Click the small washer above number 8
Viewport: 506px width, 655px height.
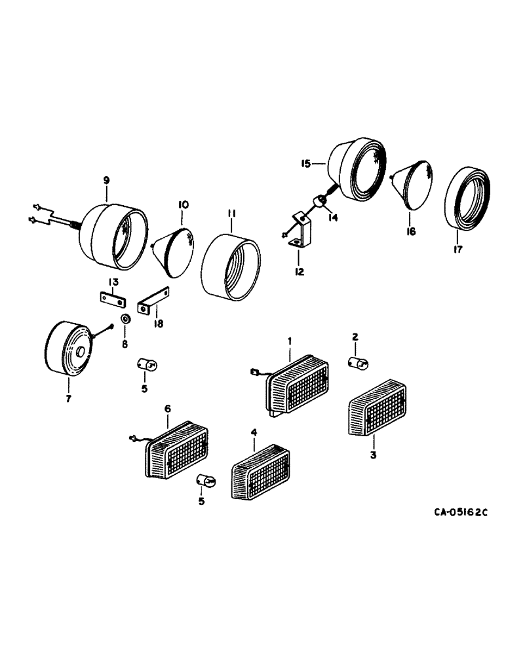click(x=125, y=318)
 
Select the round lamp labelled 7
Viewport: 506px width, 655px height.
click(x=68, y=348)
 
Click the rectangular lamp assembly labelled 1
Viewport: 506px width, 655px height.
click(x=296, y=386)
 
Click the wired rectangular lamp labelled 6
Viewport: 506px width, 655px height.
click(x=175, y=453)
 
